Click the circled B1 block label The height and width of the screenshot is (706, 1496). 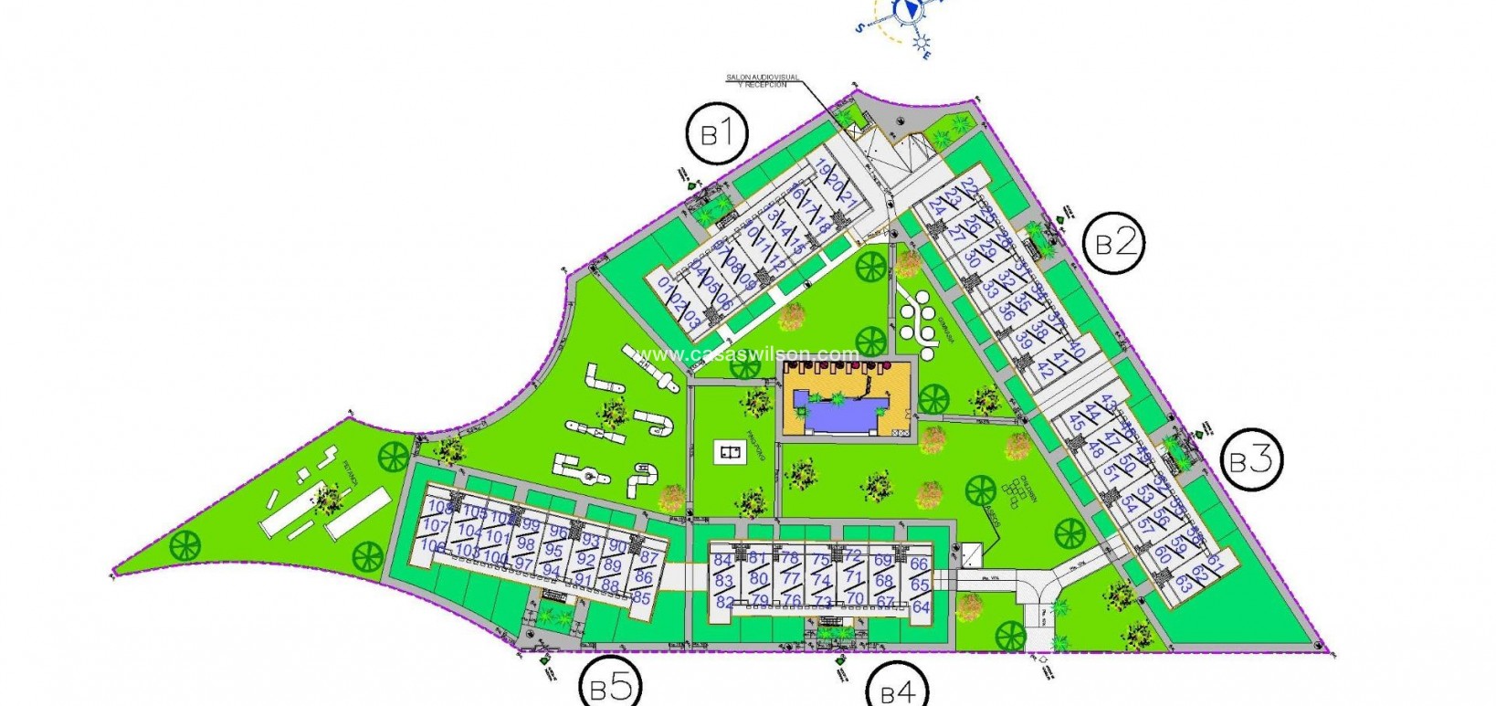tap(718, 135)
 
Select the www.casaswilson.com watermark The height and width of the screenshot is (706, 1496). tap(748, 354)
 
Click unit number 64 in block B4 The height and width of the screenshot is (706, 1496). tap(920, 606)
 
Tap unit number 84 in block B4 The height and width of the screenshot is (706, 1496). tap(723, 560)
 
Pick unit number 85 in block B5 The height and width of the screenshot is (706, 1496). tap(641, 598)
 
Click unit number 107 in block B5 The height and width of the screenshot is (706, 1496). tap(437, 526)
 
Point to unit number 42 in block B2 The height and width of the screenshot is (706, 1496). tap(1046, 369)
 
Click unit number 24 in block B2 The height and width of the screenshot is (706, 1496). tap(936, 207)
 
